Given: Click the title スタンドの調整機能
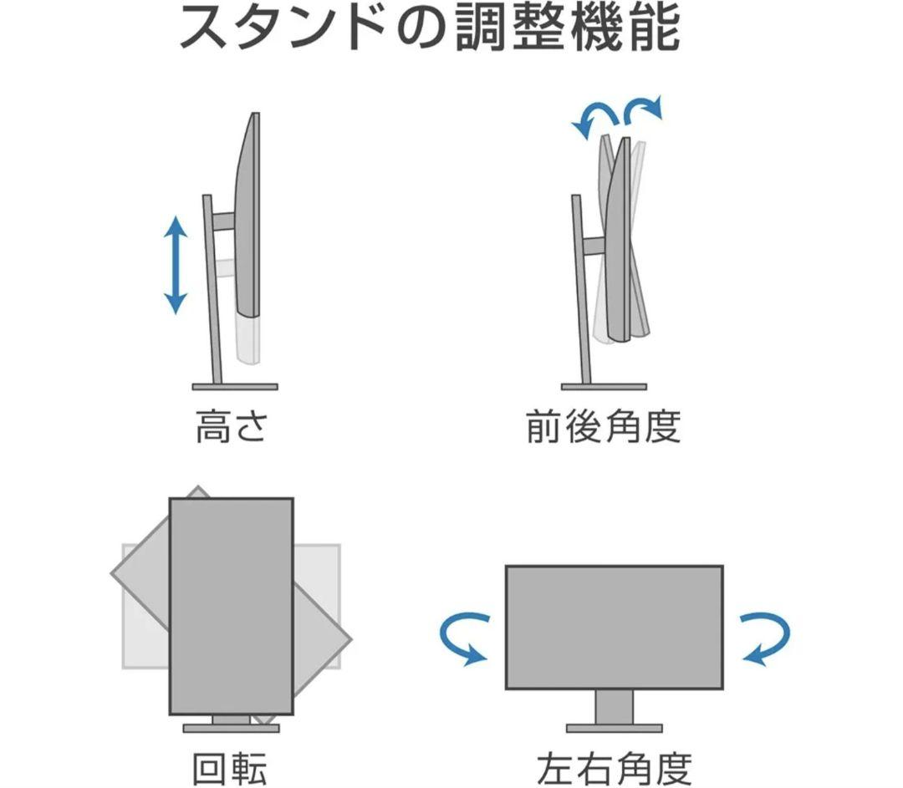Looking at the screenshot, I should (430, 30).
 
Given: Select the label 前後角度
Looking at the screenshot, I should (603, 427).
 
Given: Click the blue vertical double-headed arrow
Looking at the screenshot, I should (175, 265).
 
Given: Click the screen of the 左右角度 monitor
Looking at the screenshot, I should (615, 627).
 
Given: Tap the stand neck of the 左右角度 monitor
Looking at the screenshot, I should (615, 707).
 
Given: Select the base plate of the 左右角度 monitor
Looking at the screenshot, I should (615, 728).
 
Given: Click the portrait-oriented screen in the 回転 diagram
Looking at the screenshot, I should (231, 606).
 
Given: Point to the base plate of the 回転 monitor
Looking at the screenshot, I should (231, 728).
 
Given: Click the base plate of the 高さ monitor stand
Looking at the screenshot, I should (234, 386).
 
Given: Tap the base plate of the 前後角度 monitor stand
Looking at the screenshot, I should (603, 386).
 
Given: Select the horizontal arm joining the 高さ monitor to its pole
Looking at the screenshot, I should (222, 221).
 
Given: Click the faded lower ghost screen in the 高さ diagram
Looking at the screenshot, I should (249, 338).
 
